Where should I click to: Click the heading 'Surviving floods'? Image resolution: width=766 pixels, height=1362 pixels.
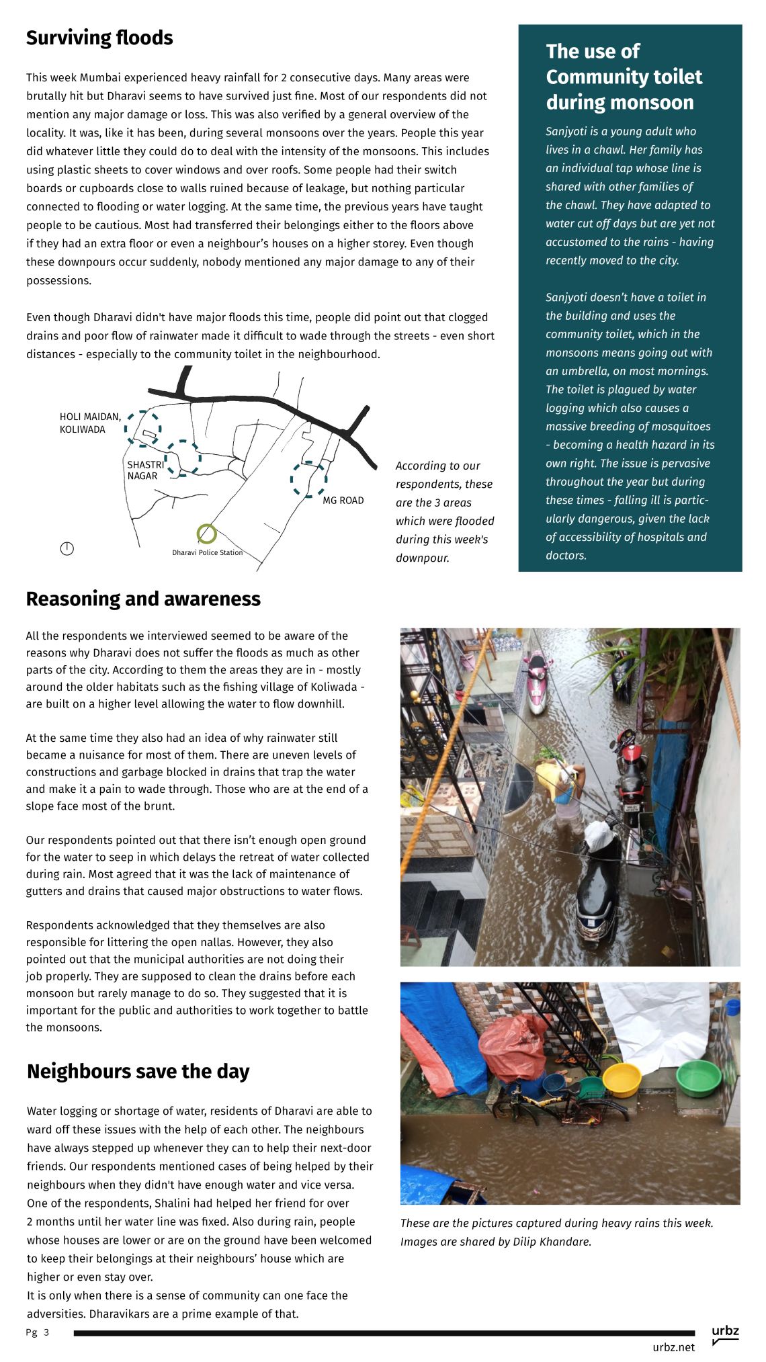point(99,38)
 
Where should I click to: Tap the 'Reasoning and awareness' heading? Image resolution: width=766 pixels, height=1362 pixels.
point(143,599)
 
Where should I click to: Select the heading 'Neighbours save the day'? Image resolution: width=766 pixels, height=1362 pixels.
point(138,1071)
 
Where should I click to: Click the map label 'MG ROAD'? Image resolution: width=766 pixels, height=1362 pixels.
point(343,501)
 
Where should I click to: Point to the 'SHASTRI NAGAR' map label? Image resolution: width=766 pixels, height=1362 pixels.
point(145,470)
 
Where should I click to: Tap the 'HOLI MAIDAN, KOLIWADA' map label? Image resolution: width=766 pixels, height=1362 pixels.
point(90,423)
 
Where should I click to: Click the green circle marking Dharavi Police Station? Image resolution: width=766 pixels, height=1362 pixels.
point(207,534)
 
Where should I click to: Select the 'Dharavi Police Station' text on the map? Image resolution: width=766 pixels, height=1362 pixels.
point(207,553)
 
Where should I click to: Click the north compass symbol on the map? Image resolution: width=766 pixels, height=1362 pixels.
point(67,548)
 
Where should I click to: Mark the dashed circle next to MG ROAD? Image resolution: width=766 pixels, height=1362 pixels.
point(308,479)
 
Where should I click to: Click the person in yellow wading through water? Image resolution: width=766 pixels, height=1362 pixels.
point(564,789)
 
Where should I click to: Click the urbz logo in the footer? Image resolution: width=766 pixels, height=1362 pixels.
point(725,1334)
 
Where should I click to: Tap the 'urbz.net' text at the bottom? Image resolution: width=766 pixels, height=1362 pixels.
point(673,1347)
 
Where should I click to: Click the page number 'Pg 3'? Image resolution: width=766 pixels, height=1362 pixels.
point(38,1332)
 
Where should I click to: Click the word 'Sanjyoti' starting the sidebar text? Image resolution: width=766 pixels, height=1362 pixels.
point(566,132)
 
